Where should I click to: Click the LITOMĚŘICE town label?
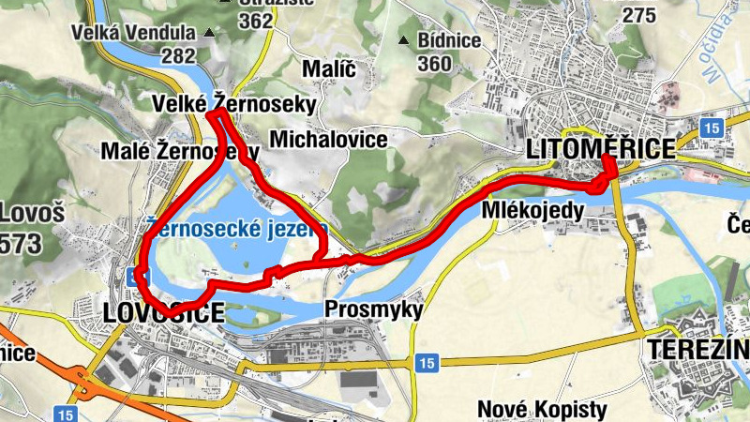pyautogui.click(x=601, y=149)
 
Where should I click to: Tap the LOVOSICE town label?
pyautogui.click(x=162, y=312)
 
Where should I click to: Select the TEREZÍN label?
pyautogui.click(x=697, y=349)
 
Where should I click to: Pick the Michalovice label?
pyautogui.click(x=328, y=139)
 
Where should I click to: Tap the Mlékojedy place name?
pyautogui.click(x=533, y=210)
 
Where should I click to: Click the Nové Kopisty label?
pyautogui.click(x=543, y=409)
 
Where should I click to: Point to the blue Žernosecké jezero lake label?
pyautogui.click(x=236, y=228)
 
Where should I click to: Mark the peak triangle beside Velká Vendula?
pyautogui.click(x=209, y=34)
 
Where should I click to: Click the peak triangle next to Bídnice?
pyautogui.click(x=404, y=40)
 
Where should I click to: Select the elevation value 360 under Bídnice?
pyautogui.click(x=435, y=64)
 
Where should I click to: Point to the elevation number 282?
pyautogui.click(x=178, y=56)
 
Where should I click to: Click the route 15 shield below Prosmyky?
pyautogui.click(x=427, y=362)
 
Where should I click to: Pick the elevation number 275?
pyautogui.click(x=638, y=14)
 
